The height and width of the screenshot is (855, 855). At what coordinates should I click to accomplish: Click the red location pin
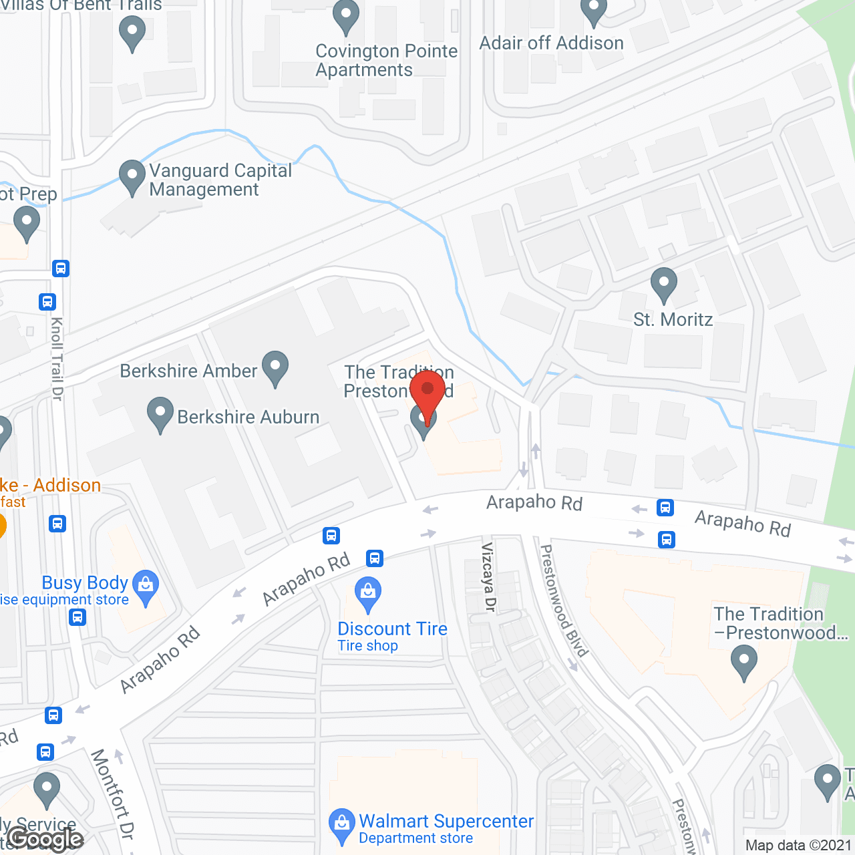coord(427,394)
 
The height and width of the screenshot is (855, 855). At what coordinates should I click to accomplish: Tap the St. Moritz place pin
coord(664,285)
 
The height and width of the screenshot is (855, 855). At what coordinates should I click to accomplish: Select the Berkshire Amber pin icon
coord(275,368)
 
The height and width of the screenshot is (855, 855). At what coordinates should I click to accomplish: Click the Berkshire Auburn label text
coord(248,417)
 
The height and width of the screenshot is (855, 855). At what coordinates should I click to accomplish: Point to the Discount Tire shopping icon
coord(367,594)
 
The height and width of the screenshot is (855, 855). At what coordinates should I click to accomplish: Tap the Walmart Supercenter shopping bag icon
coord(342,826)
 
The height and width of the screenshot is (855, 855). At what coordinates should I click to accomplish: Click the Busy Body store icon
coord(146,586)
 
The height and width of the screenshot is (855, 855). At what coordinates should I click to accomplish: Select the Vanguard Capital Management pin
coord(132,177)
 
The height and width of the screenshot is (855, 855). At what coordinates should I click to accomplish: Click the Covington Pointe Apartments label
coord(386,60)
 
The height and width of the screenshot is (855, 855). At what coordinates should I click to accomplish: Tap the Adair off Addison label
coord(552,43)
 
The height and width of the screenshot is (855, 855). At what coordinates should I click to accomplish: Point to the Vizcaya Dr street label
coord(489,577)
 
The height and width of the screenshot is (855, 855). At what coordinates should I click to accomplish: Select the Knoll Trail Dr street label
coord(57,359)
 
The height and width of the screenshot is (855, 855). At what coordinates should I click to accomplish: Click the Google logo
coord(45,839)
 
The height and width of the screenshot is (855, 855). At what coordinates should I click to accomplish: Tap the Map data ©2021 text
coord(798,846)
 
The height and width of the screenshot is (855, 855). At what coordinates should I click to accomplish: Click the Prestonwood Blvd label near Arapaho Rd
coord(563,601)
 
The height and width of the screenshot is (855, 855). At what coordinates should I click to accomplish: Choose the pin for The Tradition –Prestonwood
coord(743,663)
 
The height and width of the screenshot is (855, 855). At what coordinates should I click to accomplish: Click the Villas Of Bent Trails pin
coord(132,33)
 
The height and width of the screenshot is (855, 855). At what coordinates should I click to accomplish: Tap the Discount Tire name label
coord(392,629)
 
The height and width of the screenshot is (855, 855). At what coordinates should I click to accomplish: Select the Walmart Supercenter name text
coord(446,821)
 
